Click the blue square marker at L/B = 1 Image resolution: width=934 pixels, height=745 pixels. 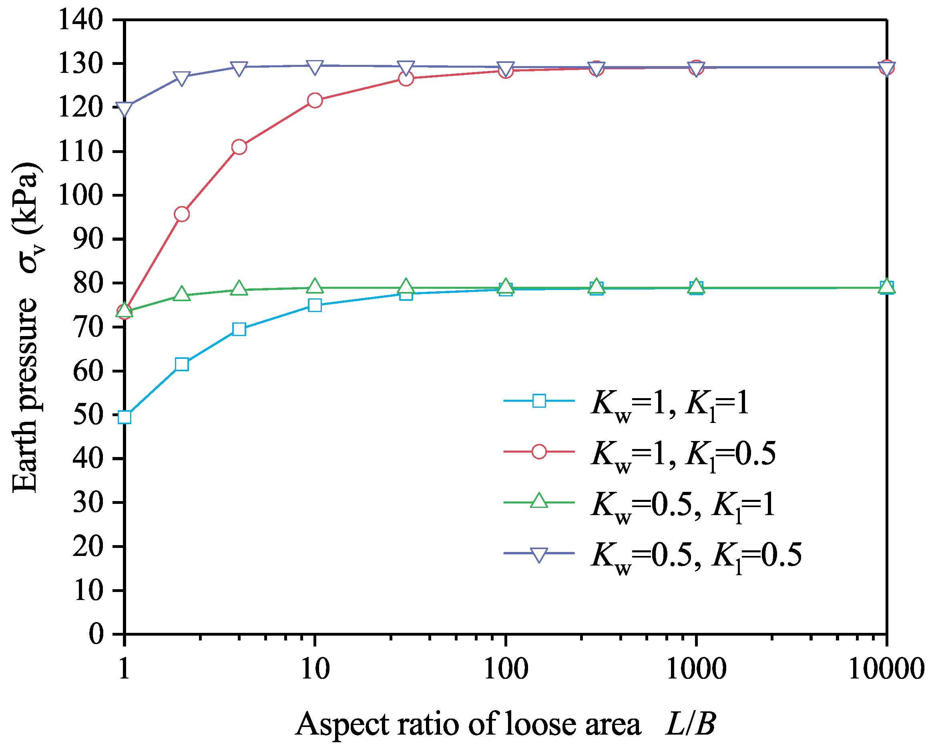coord(125,417)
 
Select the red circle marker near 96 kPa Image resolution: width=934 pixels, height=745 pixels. coord(181,214)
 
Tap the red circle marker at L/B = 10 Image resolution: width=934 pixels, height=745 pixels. coord(315,101)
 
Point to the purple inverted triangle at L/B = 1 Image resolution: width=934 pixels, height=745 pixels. coord(125,109)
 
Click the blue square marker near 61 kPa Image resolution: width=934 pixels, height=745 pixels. coord(182,364)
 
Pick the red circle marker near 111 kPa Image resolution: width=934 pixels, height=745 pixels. coord(239,147)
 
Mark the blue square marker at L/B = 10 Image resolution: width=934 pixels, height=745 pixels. coord(315,305)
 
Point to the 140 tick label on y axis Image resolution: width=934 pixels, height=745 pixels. coord(81,20)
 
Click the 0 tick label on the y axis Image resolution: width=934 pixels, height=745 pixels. coord(96,634)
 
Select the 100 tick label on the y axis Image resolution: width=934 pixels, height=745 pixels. coord(81,195)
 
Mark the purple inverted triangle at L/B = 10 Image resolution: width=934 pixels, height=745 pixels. coord(315,67)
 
